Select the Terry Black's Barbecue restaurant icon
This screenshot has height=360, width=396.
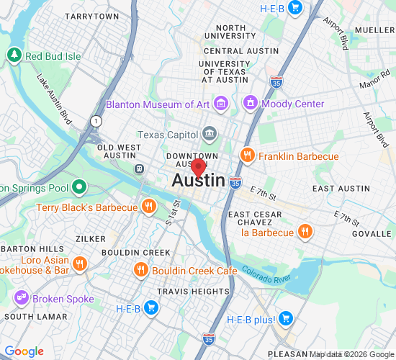(x=148, y=207)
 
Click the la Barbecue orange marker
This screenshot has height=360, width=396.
(x=305, y=232)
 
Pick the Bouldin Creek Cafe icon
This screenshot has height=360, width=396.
(x=141, y=270)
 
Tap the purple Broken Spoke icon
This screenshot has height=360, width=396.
(x=20, y=298)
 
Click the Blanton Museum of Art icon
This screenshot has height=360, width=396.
(x=220, y=104)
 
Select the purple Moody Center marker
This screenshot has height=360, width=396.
(x=251, y=104)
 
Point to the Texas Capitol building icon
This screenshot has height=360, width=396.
(x=209, y=134)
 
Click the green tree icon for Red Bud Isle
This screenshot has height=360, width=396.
(x=14, y=55)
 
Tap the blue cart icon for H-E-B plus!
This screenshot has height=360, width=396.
(x=286, y=318)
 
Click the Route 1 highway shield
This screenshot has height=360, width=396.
(x=95, y=121)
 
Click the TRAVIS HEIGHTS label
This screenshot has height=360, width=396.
(x=193, y=292)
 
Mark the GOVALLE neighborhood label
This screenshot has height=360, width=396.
(x=372, y=234)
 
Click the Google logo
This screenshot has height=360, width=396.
(x=24, y=351)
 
